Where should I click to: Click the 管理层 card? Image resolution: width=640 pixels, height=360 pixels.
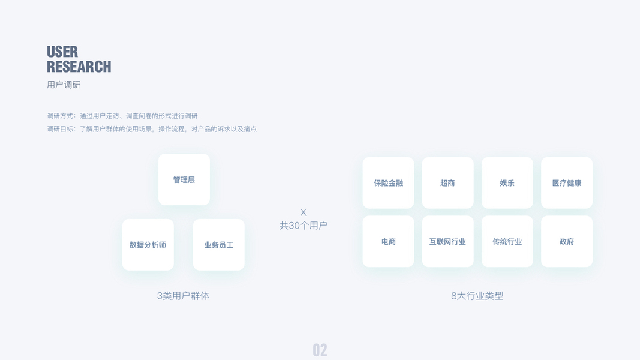(x=184, y=179)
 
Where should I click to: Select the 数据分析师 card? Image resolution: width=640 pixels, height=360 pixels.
(x=148, y=244)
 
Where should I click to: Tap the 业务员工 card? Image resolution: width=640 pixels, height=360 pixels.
(x=219, y=244)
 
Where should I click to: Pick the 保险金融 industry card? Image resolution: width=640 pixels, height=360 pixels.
(x=388, y=183)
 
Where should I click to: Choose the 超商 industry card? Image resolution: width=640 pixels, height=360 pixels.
(x=447, y=183)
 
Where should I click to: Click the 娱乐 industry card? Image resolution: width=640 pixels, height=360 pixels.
(x=507, y=183)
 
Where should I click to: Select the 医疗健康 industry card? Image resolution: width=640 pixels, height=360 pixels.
(x=567, y=183)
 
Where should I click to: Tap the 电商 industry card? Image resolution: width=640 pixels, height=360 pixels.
(x=388, y=241)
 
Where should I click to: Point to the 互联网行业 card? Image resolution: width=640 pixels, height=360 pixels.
(x=447, y=241)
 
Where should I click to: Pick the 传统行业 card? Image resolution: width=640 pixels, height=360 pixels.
(x=507, y=241)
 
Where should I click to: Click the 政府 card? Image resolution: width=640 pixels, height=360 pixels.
(x=567, y=241)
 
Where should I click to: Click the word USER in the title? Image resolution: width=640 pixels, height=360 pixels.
(x=62, y=52)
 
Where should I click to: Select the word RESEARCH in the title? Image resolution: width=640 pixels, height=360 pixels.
(x=79, y=67)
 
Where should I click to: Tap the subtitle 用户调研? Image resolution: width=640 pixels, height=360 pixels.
(x=64, y=85)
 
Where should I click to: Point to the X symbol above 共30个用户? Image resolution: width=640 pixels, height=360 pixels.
(x=304, y=212)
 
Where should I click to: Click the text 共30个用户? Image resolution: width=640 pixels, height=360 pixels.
(x=304, y=226)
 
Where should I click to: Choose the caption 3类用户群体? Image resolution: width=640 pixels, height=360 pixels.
(x=184, y=296)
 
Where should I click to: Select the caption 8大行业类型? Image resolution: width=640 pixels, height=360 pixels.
(x=477, y=296)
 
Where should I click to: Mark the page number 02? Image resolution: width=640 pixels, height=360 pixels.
(x=320, y=350)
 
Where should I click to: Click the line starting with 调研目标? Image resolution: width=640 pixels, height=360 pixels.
(x=152, y=129)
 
